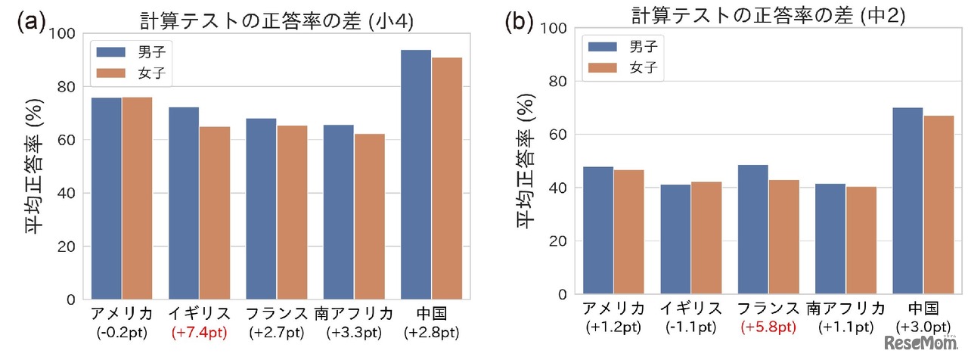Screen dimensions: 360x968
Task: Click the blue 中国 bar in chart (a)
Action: point(415,175)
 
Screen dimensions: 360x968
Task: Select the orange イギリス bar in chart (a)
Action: point(215,213)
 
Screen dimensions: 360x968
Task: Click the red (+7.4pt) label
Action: point(199,332)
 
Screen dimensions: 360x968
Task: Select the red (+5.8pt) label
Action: point(768,327)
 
